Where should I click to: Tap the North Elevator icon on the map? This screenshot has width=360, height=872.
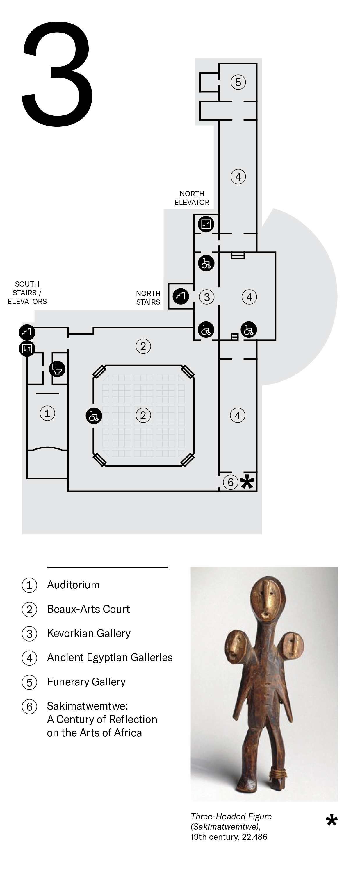[206, 224]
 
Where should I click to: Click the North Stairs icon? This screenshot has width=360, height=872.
[181, 296]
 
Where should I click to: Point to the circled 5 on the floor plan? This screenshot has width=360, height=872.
[238, 82]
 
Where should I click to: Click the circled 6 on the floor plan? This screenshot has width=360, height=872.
[230, 482]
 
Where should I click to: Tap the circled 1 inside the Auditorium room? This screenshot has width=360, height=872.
[47, 413]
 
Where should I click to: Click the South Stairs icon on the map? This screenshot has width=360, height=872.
[27, 332]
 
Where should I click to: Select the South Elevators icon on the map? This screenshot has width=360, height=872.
[27, 348]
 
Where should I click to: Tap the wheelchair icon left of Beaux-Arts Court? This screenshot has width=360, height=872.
[93, 416]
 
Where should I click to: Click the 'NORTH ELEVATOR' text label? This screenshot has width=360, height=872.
[192, 198]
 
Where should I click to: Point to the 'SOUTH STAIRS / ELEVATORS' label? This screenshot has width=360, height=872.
[27, 292]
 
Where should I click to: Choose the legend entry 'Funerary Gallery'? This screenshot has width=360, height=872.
[86, 681]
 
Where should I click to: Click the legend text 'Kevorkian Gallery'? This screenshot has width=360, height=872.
[89, 633]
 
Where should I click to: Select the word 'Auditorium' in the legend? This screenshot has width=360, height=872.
[73, 585]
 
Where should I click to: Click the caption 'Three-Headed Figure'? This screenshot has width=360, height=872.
[231, 816]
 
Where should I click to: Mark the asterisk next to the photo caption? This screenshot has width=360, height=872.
[332, 821]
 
